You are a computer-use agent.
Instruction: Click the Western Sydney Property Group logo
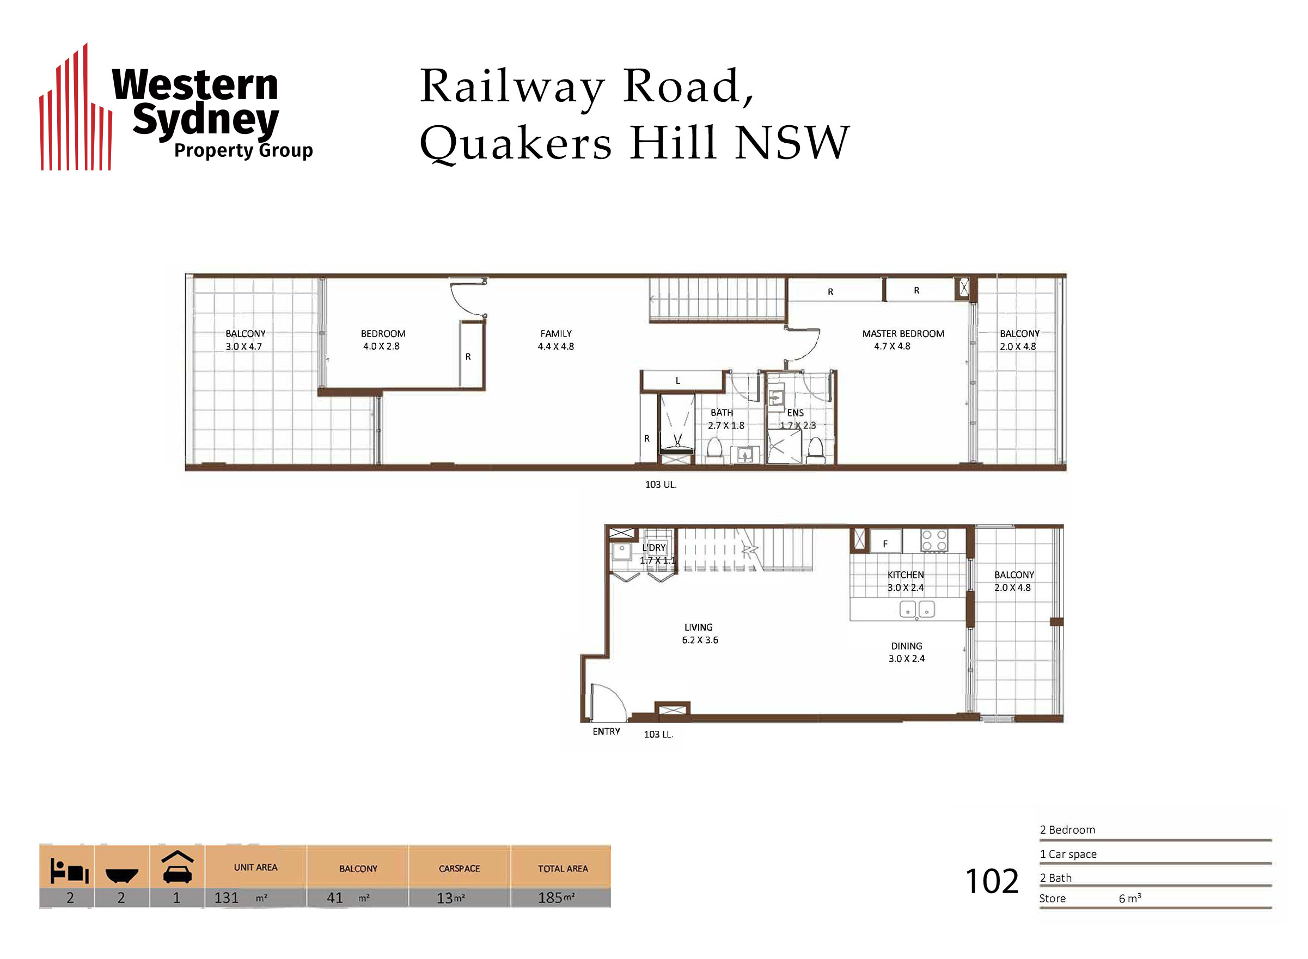(176, 107)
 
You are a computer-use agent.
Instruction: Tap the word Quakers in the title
(515, 143)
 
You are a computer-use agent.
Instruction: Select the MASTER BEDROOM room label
(903, 334)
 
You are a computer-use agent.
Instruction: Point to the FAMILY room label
(556, 334)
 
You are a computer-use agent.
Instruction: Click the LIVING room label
(698, 627)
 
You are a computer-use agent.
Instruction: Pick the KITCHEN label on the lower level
(905, 575)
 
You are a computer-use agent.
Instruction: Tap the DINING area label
(907, 646)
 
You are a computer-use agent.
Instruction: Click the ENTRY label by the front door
(606, 731)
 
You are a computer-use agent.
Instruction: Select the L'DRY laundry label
(654, 547)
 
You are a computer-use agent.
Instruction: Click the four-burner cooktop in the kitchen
(934, 540)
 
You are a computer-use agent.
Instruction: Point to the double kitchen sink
(917, 609)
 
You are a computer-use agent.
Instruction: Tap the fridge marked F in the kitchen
(885, 541)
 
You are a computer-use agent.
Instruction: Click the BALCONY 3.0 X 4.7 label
(245, 340)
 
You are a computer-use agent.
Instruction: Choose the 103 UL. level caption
(661, 484)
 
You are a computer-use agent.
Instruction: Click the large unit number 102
(992, 881)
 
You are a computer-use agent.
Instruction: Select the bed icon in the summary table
(69, 871)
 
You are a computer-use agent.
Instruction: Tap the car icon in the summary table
(178, 868)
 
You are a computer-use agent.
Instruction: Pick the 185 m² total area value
(556, 897)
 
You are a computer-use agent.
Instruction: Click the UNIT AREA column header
(255, 868)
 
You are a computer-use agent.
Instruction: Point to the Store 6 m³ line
(1090, 898)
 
